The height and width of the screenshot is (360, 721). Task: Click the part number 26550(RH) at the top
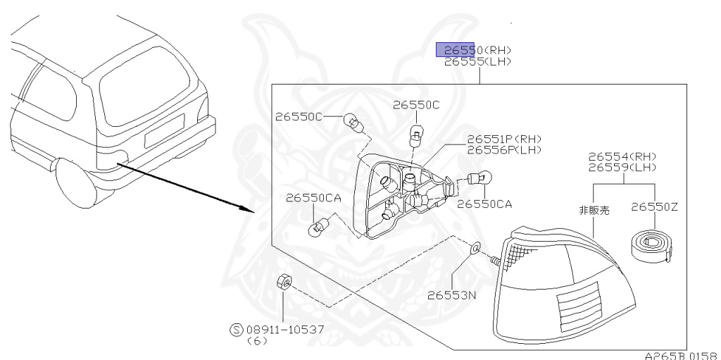pos(473,50)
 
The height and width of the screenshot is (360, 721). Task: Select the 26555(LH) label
pos(477,62)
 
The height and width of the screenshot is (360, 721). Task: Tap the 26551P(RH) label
pos(504,139)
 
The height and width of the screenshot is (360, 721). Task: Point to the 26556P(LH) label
pos(504,149)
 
